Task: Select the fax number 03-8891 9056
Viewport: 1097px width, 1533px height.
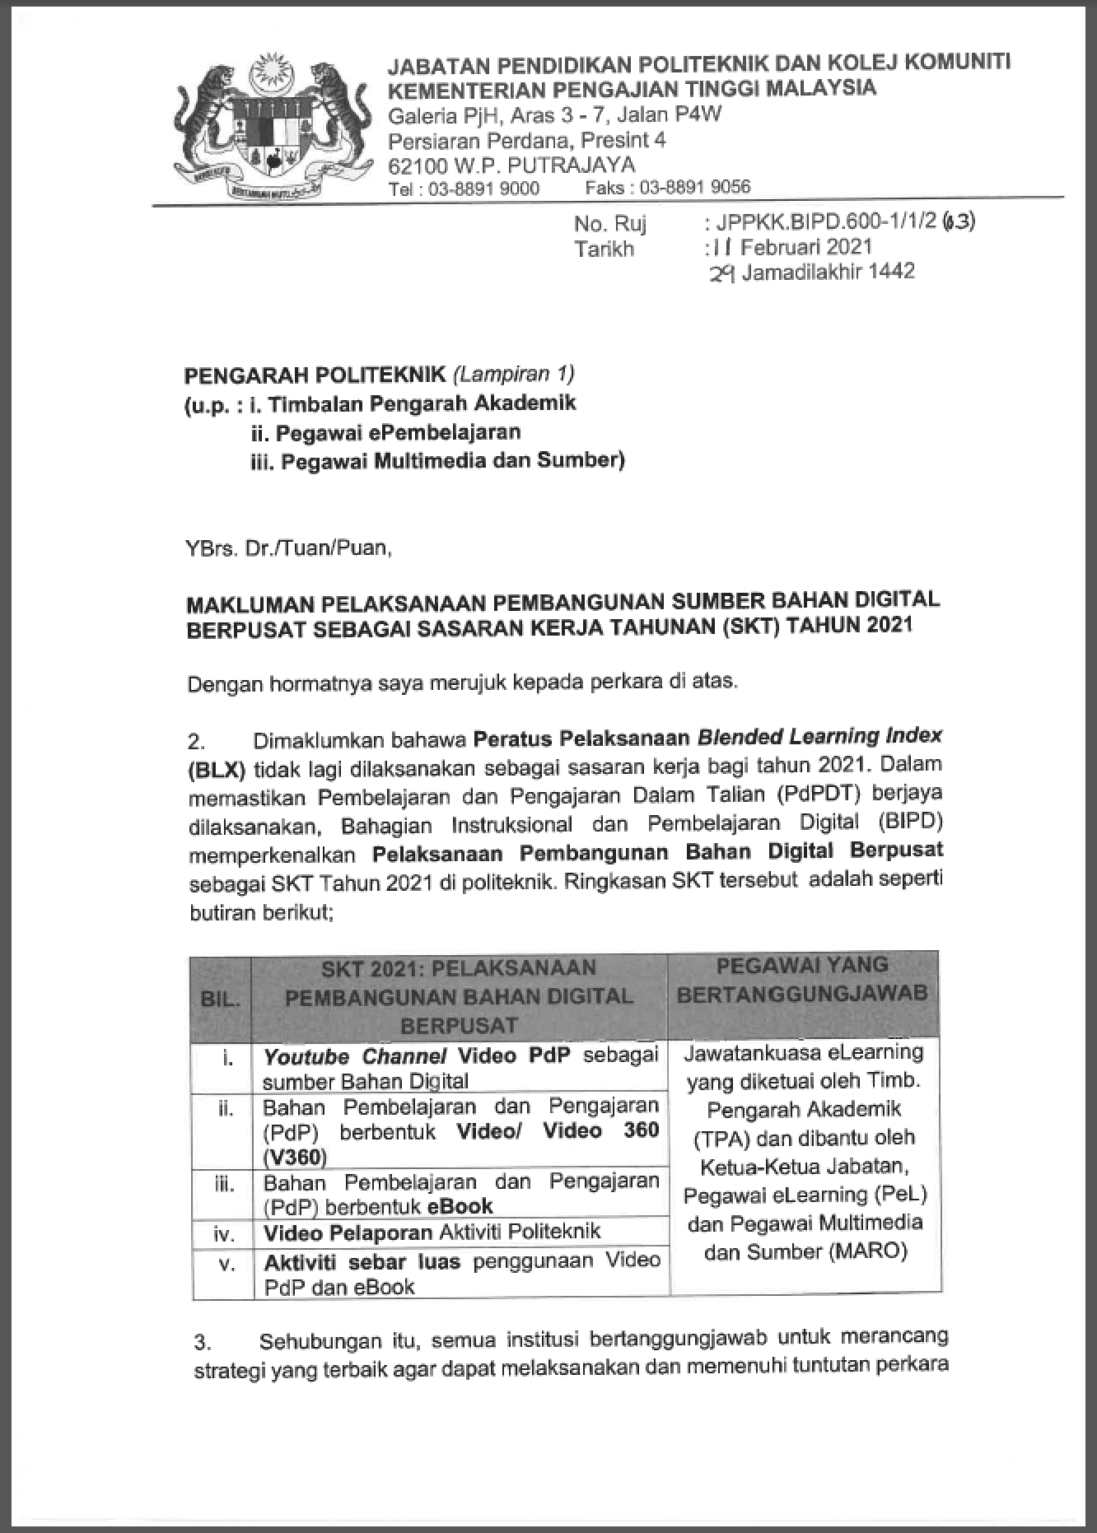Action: [x=695, y=188]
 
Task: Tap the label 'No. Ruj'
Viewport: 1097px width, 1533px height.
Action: [x=610, y=224]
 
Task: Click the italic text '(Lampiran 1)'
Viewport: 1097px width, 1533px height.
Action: [x=513, y=375]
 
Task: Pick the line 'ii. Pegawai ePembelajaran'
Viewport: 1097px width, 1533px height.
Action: [x=385, y=432]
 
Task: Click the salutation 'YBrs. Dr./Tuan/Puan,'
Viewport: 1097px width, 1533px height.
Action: [x=288, y=547]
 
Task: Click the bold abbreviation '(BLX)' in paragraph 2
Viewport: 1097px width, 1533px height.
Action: [x=217, y=770]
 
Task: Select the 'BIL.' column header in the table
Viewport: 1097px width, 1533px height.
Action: [x=220, y=999]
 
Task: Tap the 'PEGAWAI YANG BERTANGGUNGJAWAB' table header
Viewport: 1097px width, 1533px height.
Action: [x=802, y=980]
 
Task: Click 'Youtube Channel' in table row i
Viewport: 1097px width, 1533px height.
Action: [x=354, y=1056]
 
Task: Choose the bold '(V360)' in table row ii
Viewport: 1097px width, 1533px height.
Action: [x=295, y=1157]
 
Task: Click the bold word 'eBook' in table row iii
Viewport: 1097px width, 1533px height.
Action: [x=460, y=1206]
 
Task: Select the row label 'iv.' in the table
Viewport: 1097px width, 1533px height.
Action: [x=224, y=1234]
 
